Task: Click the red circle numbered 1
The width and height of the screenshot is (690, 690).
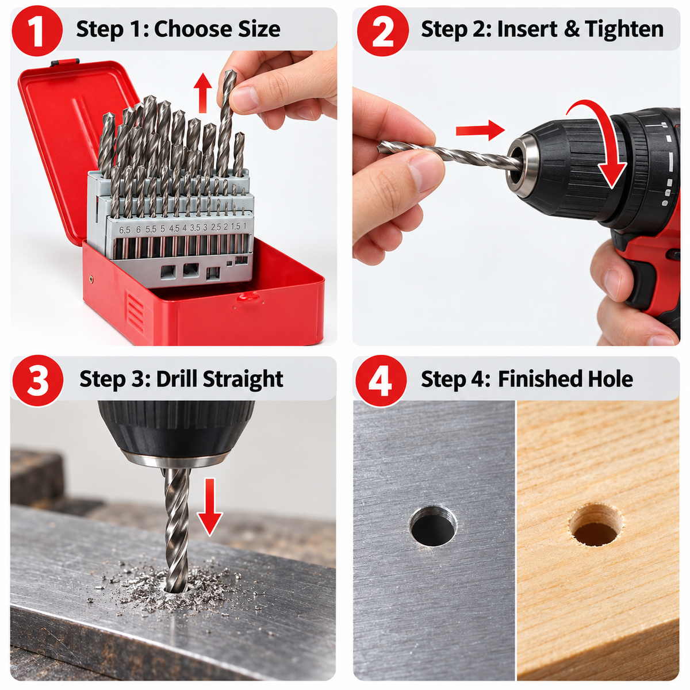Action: [x=37, y=30]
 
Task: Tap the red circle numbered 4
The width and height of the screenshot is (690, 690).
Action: [x=381, y=381]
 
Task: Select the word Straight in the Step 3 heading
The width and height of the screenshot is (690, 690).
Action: [x=243, y=379]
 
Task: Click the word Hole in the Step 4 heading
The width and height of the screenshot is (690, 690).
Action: [x=610, y=378]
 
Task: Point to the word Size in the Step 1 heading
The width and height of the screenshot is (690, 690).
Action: [x=259, y=29]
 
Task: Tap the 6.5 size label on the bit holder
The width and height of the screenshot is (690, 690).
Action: [x=125, y=230]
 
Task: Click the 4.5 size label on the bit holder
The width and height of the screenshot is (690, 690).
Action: [x=174, y=228]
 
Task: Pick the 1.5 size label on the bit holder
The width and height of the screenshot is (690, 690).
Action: [x=235, y=227]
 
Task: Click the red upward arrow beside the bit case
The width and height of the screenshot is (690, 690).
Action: [x=202, y=93]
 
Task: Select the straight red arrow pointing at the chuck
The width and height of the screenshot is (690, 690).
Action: [x=480, y=131]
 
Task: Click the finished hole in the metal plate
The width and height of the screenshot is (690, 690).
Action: [x=434, y=526]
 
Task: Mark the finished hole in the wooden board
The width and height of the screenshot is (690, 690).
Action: [x=596, y=524]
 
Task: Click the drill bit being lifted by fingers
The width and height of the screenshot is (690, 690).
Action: [x=228, y=122]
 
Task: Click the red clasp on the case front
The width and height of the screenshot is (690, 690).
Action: [x=249, y=297]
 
